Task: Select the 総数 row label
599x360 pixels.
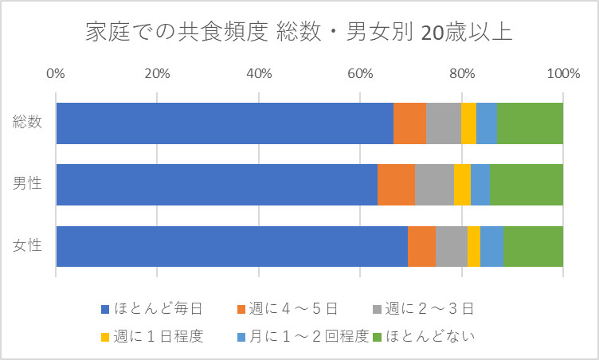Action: coord(28,123)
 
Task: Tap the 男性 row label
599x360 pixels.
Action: coord(28,184)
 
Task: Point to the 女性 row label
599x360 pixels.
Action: coord(28,246)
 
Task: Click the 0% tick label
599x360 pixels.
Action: coord(56,74)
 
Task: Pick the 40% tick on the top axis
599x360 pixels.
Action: coord(259,74)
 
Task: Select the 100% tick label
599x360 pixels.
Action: coord(562,74)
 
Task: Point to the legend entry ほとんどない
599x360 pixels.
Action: coord(430,336)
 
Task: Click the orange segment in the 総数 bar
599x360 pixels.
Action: coord(409,123)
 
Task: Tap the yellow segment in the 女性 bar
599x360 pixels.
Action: coord(474,246)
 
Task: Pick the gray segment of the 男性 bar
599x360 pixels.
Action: coord(434,184)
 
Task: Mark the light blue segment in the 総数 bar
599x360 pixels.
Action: coord(486,123)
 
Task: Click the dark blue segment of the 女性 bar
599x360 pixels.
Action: coord(231,246)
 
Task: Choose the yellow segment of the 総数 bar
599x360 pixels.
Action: coord(468,123)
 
